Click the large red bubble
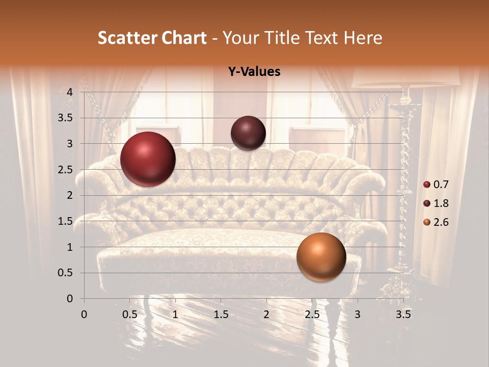[x=148, y=159]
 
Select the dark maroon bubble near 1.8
[x=248, y=133]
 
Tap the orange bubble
[x=321, y=257]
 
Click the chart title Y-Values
[x=254, y=72]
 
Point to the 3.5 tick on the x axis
[x=403, y=314]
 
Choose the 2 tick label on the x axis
[x=266, y=314]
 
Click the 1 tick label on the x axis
[x=175, y=314]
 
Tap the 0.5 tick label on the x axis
[x=130, y=314]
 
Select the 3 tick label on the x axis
[x=358, y=314]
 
